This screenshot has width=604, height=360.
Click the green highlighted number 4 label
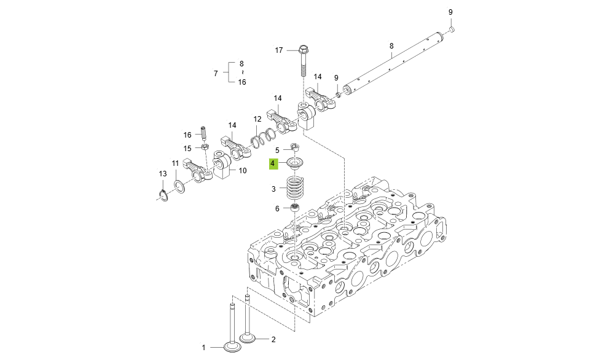click(x=273, y=163)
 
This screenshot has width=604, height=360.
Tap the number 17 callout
click(x=278, y=50)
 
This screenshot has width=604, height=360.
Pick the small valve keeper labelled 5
click(x=295, y=147)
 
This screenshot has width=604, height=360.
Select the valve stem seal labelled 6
click(x=295, y=208)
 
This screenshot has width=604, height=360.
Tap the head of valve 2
click(x=247, y=338)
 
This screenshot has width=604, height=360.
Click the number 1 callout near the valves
click(x=203, y=348)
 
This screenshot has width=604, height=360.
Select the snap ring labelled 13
click(x=162, y=195)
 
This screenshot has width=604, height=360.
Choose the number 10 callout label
click(x=243, y=171)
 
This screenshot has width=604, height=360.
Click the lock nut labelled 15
click(x=205, y=147)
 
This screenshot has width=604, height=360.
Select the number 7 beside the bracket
click(x=216, y=73)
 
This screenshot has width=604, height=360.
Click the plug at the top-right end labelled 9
click(x=452, y=28)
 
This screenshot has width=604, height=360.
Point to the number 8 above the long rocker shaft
click(x=391, y=46)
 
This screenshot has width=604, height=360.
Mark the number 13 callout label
click(x=162, y=174)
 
